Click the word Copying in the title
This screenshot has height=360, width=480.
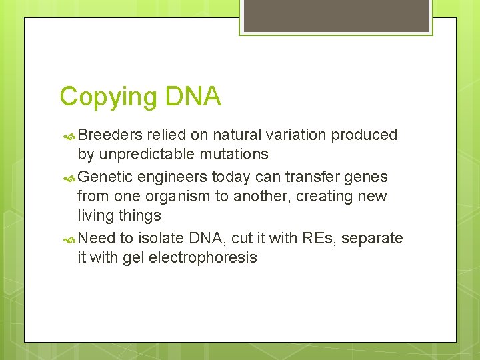[x=107, y=97]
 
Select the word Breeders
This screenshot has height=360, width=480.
[x=111, y=135]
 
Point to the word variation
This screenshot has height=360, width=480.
[x=298, y=135]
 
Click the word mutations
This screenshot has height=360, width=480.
[x=237, y=155]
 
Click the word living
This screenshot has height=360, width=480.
[x=95, y=216]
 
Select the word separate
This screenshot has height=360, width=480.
[x=372, y=239]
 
